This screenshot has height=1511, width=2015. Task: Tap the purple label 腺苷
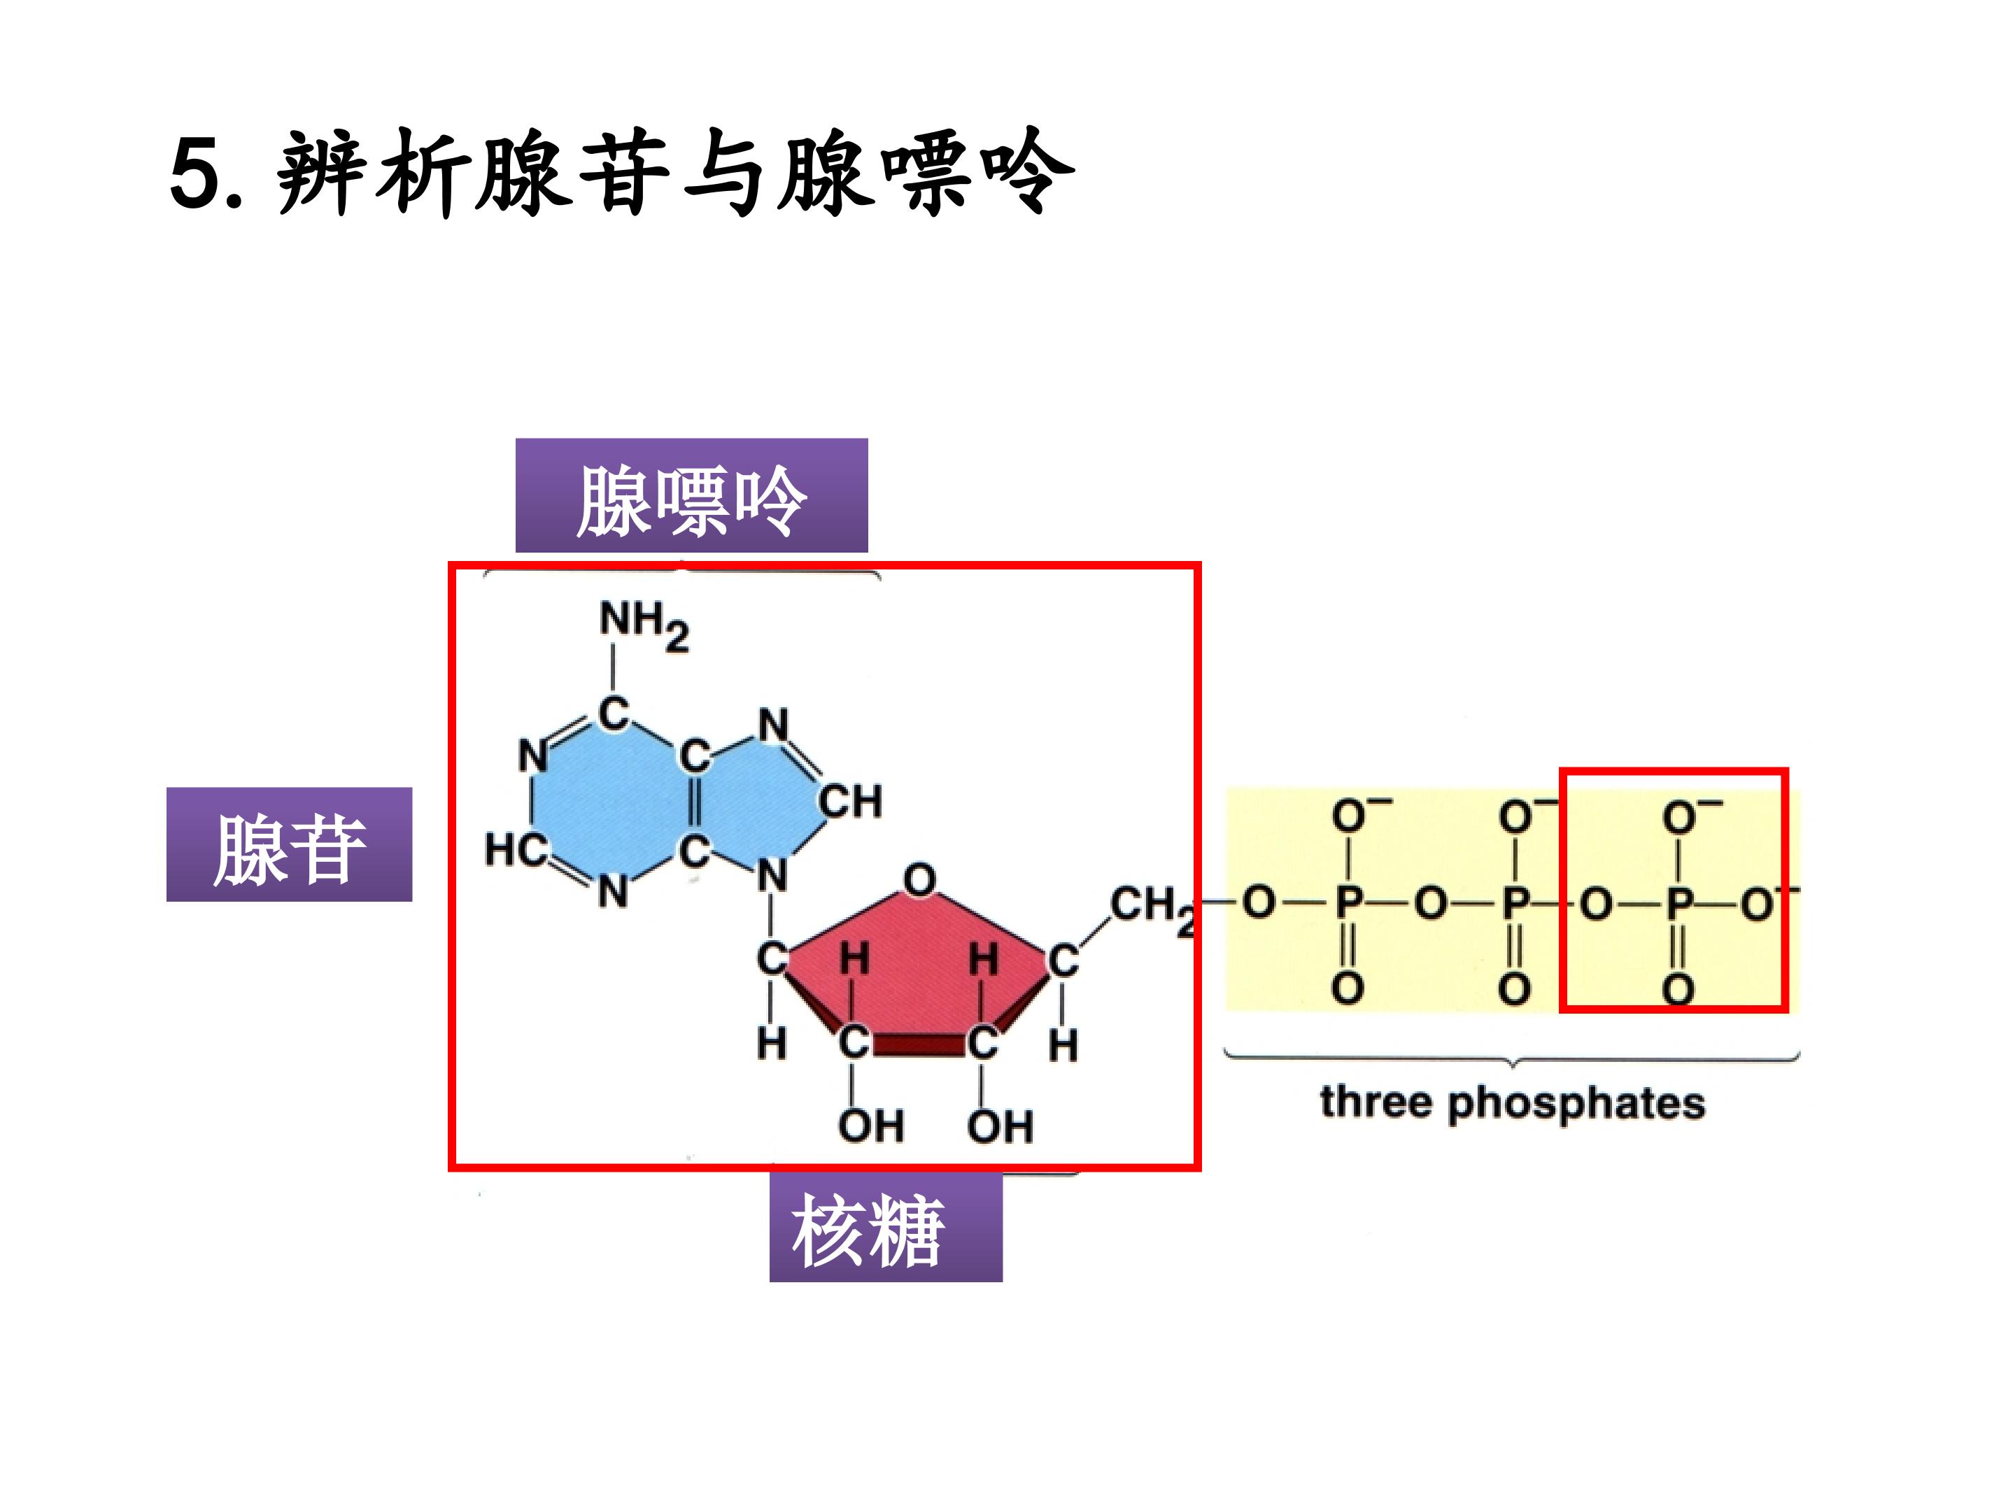pos(289,845)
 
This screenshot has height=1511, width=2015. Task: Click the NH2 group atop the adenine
pos(643,624)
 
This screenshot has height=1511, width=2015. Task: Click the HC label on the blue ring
pos(516,850)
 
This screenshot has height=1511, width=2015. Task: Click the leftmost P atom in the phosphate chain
pos(1348,904)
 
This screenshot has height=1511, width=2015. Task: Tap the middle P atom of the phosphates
pos(1515,904)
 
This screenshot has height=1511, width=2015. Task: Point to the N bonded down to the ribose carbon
pos(772,877)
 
